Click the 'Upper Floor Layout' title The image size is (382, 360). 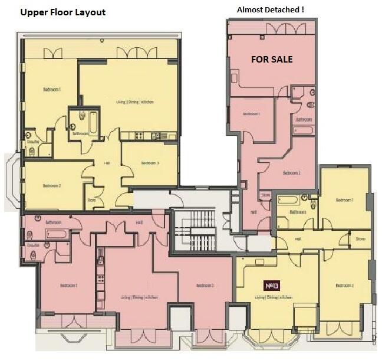click(63, 12)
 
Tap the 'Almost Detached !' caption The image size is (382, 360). click(270, 10)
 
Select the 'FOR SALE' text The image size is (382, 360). click(272, 60)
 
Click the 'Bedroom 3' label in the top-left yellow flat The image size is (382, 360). click(150, 163)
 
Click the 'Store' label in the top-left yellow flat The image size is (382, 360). click(91, 199)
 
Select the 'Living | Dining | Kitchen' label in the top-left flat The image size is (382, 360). click(135, 102)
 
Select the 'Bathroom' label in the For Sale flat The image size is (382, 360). click(304, 119)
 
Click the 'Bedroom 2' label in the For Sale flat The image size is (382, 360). click(292, 173)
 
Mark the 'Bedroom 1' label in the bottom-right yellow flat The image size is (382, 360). click(344, 200)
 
